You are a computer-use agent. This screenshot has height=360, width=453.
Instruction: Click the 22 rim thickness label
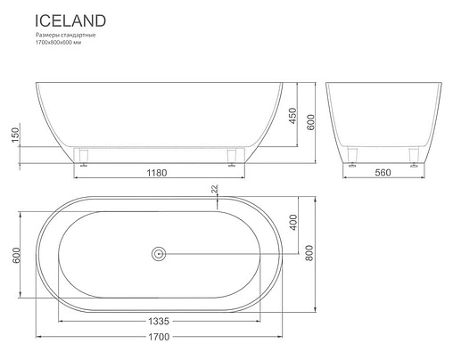[x=215, y=190]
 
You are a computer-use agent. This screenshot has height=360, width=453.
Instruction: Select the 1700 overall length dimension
[x=160, y=338]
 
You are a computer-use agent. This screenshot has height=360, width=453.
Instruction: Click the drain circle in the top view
[x=159, y=254]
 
